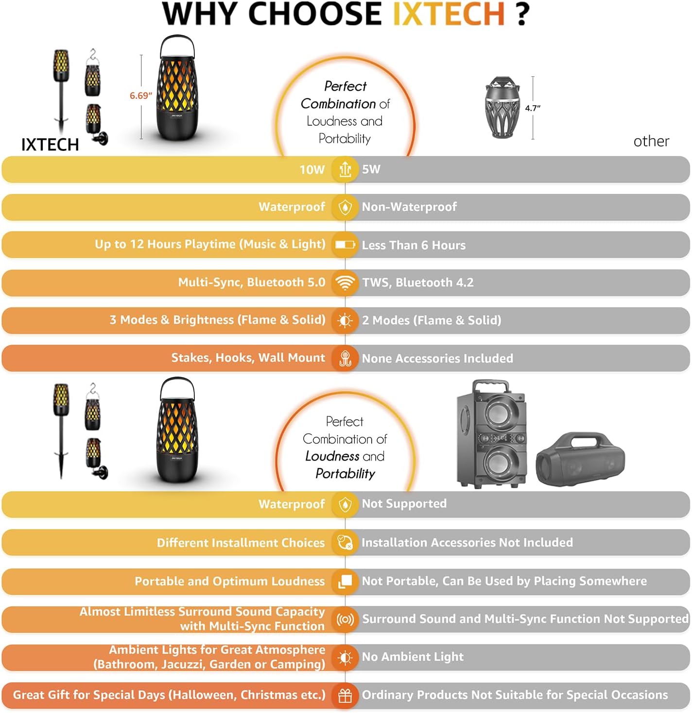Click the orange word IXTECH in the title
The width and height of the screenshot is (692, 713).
449,14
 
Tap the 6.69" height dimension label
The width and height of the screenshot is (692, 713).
141,96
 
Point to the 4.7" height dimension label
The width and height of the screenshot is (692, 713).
533,108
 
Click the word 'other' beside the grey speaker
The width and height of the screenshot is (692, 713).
651,141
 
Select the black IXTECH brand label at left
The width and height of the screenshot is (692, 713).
50,145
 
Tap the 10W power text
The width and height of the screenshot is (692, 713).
312,170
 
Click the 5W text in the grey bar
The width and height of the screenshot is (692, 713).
371,169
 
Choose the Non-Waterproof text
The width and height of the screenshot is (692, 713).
410,207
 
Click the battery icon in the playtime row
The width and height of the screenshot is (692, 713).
345,245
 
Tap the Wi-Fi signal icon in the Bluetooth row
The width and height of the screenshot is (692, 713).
345,282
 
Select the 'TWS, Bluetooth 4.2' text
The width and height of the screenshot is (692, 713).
418,282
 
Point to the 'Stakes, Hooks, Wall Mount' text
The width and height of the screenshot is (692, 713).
248,358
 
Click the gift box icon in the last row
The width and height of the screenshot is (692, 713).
345,696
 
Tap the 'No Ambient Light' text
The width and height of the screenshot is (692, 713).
413,657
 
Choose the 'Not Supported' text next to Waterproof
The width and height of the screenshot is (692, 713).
404,503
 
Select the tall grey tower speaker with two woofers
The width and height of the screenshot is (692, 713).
492,434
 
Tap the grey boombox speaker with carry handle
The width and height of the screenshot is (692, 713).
580,460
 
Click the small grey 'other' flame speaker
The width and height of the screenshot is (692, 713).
502,107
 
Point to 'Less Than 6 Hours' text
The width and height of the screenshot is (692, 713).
414,245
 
